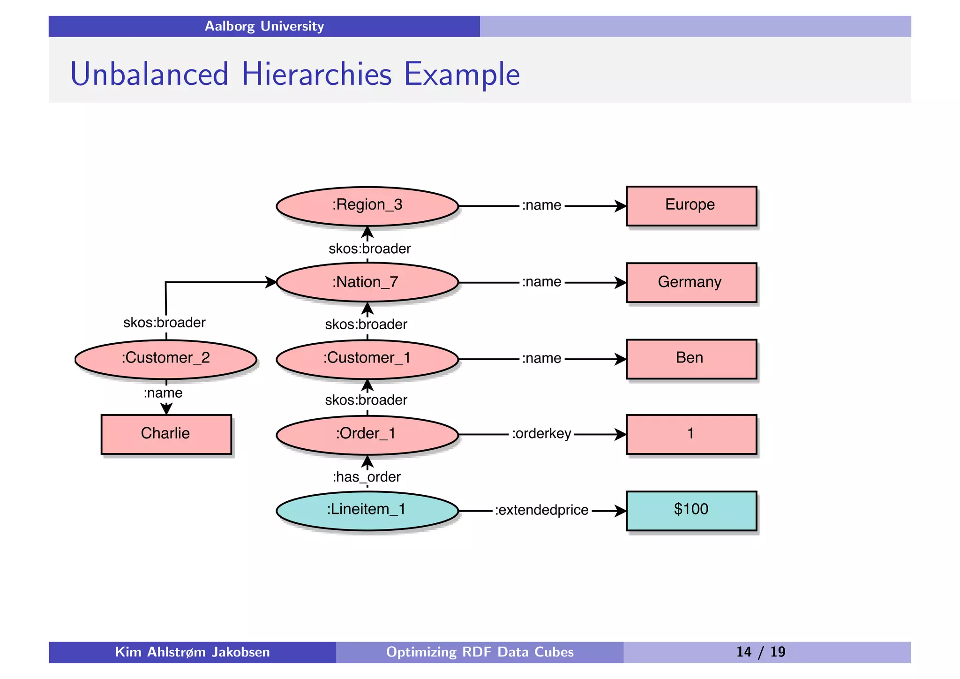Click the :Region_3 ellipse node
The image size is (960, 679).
(x=367, y=206)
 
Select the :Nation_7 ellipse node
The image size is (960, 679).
(x=367, y=282)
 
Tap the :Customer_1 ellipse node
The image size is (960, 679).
(x=367, y=359)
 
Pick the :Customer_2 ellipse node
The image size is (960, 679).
(x=166, y=359)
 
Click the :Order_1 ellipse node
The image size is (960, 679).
(x=367, y=434)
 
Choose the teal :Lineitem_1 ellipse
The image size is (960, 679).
(x=367, y=510)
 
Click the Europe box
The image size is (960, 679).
(x=691, y=206)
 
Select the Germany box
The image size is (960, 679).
(x=691, y=282)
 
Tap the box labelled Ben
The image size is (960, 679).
(x=691, y=359)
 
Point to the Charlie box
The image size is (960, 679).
(x=166, y=434)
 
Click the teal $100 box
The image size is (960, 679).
(x=691, y=510)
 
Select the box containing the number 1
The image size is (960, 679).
(x=691, y=434)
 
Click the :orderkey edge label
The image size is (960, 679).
(x=541, y=434)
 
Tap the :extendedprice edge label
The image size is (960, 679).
(x=541, y=510)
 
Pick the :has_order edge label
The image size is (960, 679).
(x=367, y=477)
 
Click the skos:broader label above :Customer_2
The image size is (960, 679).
(x=164, y=323)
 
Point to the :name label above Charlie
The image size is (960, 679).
(x=163, y=393)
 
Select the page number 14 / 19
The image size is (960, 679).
(x=760, y=652)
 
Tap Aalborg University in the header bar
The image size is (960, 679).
(x=264, y=26)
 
